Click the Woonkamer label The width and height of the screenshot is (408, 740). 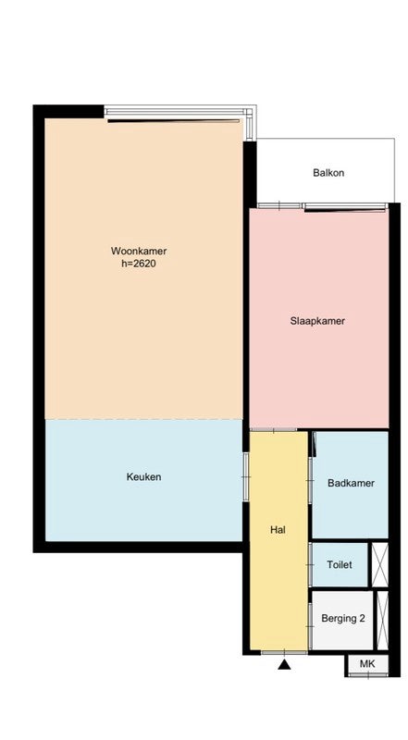tap(139, 251)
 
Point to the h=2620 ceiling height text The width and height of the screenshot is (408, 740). tap(139, 264)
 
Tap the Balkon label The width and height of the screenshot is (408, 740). tap(328, 173)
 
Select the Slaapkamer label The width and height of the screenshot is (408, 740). tap(317, 321)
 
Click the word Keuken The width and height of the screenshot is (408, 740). tap(143, 476)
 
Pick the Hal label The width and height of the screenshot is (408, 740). tap(278, 529)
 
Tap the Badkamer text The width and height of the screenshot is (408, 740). tap(351, 483)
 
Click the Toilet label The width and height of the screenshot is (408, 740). tap(340, 564)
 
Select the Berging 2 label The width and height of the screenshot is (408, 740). tap(343, 618)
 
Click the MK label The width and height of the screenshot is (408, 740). tap(367, 664)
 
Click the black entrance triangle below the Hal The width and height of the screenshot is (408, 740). tap(284, 664)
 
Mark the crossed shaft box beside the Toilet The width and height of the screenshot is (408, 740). tap(379, 564)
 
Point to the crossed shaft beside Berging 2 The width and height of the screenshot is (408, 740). tap(382, 620)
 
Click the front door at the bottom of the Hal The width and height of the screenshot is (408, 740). tap(284, 652)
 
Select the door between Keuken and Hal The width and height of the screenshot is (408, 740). tap(245, 476)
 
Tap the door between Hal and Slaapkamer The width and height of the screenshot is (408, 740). tap(274, 429)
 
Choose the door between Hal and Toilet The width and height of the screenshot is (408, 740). tap(310, 564)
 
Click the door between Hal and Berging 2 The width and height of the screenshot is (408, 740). tap(310, 626)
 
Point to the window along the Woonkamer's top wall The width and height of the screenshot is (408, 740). tap(175, 112)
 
